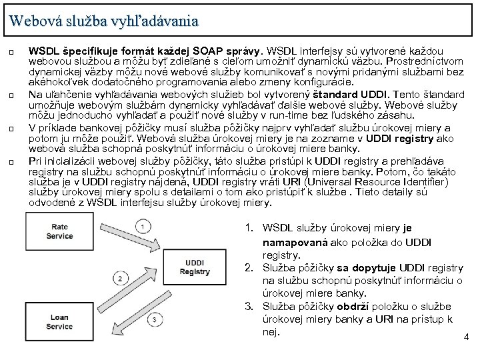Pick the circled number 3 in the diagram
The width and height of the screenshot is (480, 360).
coord(153,321)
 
